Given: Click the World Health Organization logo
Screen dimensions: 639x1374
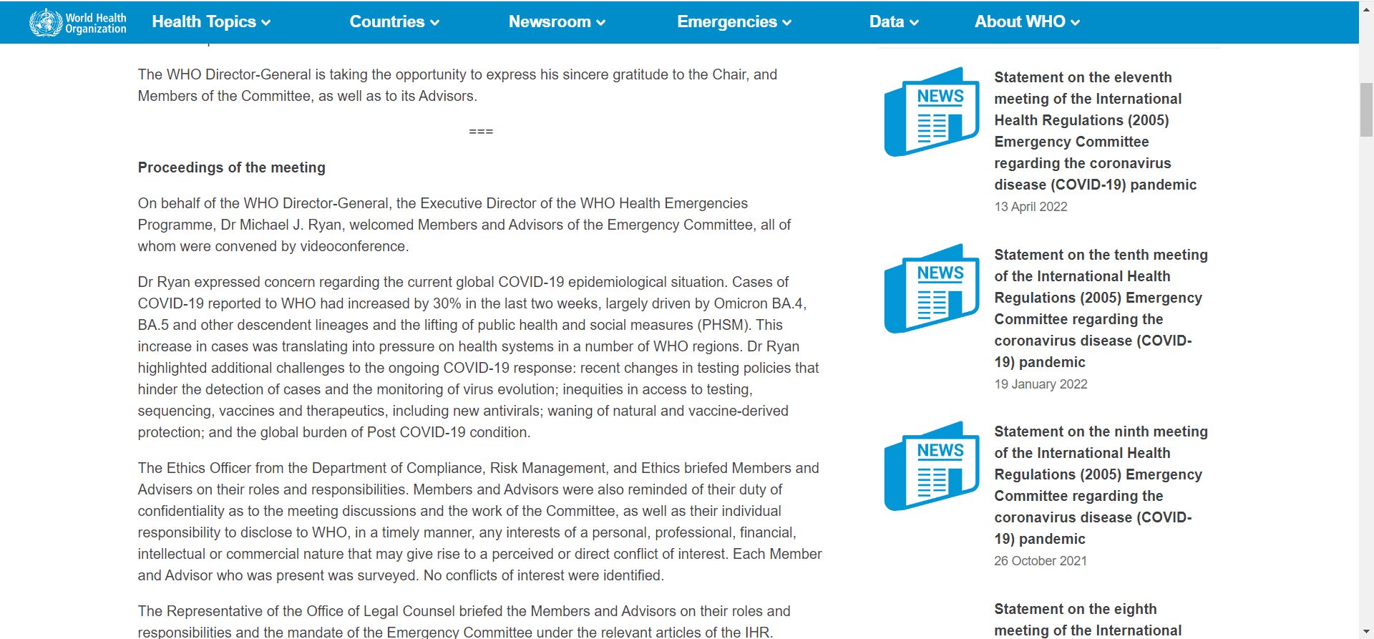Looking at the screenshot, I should point(77,22).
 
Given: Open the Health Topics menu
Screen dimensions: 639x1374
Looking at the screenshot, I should point(211,22).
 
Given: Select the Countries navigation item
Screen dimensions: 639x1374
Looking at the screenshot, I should point(394,22).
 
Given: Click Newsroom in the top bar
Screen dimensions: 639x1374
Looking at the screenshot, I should point(557,22).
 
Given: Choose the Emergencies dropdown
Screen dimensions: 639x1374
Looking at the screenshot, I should point(734,22).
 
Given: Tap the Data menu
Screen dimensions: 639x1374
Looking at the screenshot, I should point(894,22).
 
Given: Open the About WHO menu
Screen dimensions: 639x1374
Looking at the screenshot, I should point(1027,22).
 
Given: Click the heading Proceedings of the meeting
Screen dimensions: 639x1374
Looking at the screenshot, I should point(231,167).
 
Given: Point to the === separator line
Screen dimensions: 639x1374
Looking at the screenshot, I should point(481,132).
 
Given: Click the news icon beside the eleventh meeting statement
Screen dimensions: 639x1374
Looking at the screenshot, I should point(932,112).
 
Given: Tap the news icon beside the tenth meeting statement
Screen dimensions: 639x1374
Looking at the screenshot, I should point(932,288).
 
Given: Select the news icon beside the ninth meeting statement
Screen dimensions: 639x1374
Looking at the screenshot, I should point(932,466).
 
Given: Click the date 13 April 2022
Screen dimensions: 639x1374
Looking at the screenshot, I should point(1030,207).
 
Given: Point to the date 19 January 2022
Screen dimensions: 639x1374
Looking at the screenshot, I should point(1041,384).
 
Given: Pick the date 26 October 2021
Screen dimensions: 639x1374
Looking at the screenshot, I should point(1040,561).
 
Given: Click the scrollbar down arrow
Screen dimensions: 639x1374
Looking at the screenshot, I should point(1366,632).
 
